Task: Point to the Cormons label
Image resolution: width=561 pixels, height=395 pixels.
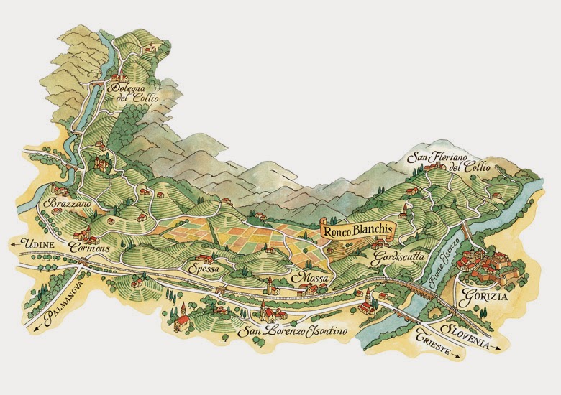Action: (90, 246)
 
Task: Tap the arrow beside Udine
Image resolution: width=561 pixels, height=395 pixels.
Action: (14, 245)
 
